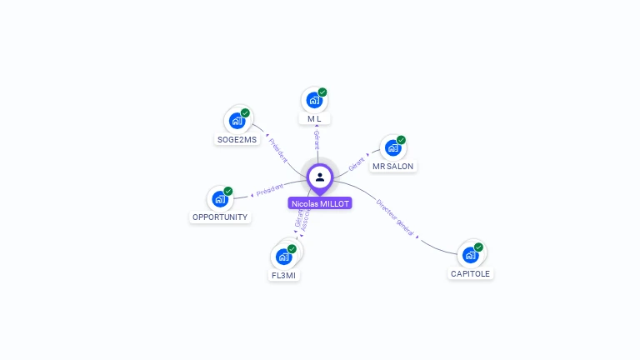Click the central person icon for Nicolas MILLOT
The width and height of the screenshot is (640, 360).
click(x=320, y=177)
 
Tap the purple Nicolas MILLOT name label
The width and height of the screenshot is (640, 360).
click(x=320, y=202)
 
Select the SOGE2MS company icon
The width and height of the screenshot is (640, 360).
click(x=237, y=121)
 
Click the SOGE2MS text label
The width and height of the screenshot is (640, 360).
click(x=237, y=139)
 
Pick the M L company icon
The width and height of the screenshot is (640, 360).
click(x=314, y=100)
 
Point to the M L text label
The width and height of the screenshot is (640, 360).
click(x=314, y=118)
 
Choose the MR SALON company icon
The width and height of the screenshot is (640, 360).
click(x=392, y=148)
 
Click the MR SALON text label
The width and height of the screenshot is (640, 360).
click(x=392, y=166)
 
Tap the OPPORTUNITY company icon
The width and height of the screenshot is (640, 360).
click(x=220, y=199)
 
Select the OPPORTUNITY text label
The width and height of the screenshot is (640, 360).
click(x=220, y=217)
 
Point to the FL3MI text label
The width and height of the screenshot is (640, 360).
click(x=283, y=275)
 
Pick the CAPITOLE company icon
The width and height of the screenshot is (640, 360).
click(x=470, y=255)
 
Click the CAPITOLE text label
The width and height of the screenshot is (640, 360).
click(x=471, y=273)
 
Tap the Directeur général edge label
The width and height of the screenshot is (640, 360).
click(x=395, y=216)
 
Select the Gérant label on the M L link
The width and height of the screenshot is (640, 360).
click(x=317, y=141)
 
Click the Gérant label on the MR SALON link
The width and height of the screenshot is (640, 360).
click(x=357, y=162)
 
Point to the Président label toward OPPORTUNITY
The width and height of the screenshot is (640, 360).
click(x=270, y=191)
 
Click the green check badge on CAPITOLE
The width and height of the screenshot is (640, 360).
click(x=478, y=247)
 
